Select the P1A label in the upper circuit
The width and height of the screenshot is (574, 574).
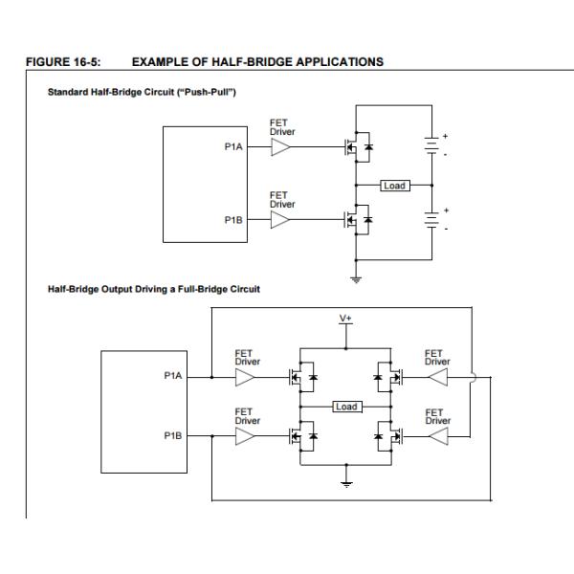pos(232,147)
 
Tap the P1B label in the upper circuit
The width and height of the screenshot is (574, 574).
pos(232,220)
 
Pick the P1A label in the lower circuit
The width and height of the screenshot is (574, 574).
pos(173,376)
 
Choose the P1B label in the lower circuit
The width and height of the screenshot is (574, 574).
pos(173,435)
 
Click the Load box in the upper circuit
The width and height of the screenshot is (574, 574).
pos(394,185)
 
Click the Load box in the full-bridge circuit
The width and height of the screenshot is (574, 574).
pos(346,407)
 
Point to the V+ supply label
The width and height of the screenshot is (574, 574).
pos(346,318)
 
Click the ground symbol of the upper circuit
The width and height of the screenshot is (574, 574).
pos(356,278)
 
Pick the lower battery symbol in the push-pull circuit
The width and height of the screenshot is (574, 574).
pos(432,220)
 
